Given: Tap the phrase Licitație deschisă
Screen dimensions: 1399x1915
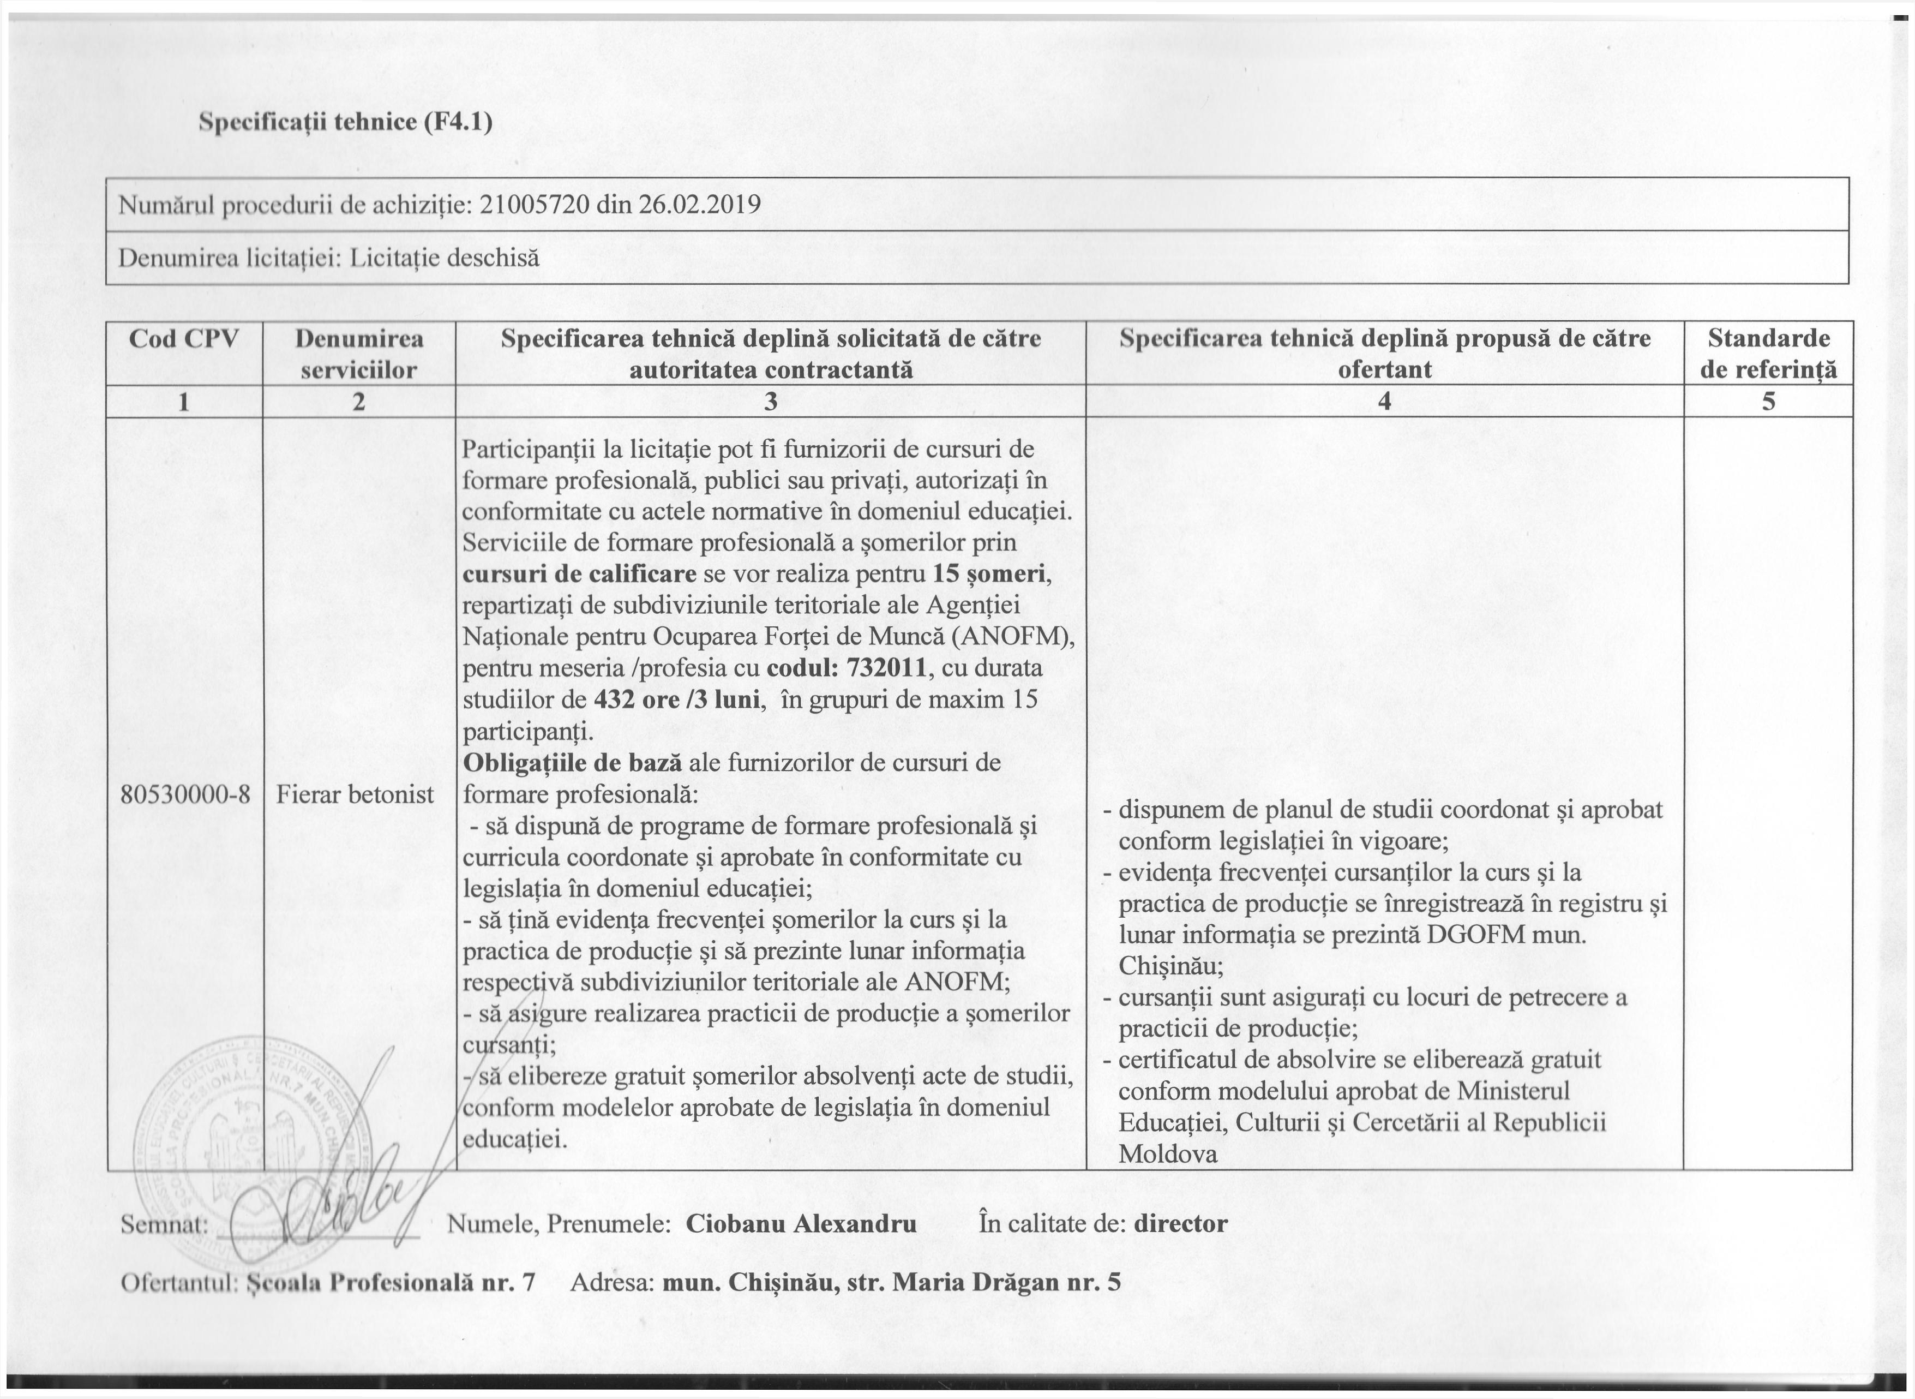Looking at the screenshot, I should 445,258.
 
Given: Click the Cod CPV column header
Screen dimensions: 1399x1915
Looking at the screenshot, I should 184,339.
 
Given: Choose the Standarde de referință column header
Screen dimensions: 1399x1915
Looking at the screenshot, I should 1768,353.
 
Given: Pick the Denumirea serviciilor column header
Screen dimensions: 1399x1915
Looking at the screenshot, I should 359,353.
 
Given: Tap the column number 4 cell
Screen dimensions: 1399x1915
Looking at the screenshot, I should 1384,402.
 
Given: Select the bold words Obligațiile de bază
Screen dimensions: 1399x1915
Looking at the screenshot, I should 572,762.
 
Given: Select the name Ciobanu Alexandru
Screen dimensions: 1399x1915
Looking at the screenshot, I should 801,1224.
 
